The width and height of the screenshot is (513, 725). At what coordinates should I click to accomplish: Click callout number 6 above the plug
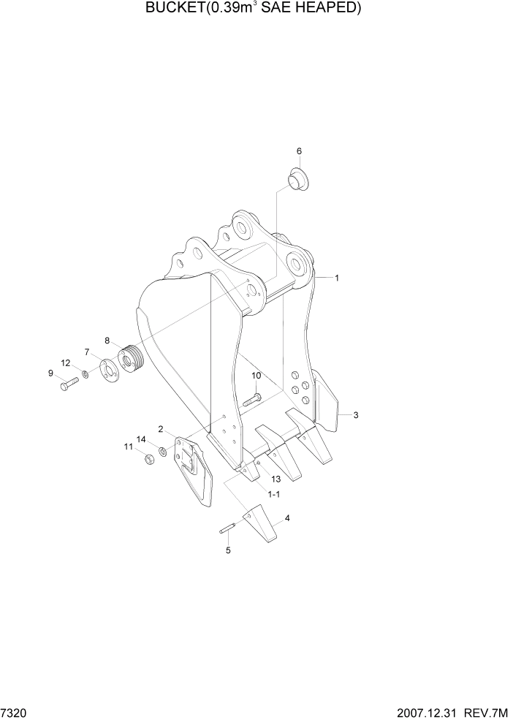tap(299, 151)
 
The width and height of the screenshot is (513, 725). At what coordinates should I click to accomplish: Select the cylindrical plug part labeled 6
tap(297, 178)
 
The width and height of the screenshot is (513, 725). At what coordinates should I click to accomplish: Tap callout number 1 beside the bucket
tap(337, 278)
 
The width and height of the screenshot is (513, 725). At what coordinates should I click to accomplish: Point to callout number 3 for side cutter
tap(355, 416)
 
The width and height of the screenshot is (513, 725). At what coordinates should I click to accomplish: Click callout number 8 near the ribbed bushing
tap(107, 341)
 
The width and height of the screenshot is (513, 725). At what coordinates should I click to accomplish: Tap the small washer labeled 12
tap(86, 375)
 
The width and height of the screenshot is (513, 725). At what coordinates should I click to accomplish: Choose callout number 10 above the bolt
tap(256, 376)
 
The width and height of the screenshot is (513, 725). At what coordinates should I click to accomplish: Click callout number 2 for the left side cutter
tap(160, 429)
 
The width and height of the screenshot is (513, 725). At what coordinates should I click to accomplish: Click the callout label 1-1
tap(274, 495)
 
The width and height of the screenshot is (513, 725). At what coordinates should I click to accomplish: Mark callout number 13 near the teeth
tap(275, 479)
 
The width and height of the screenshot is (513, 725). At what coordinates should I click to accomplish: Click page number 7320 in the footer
tap(13, 712)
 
